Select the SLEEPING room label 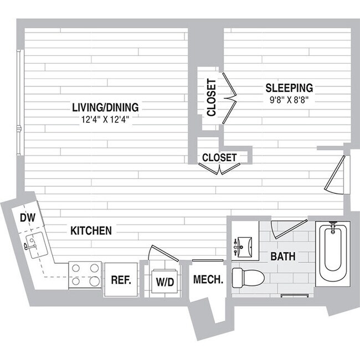(289, 88)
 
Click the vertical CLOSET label (211, 98)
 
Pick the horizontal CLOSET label (219, 157)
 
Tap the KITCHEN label (91, 230)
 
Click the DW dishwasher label (28, 218)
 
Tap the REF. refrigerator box (121, 280)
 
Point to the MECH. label (208, 280)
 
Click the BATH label (282, 257)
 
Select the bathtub (332, 254)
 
